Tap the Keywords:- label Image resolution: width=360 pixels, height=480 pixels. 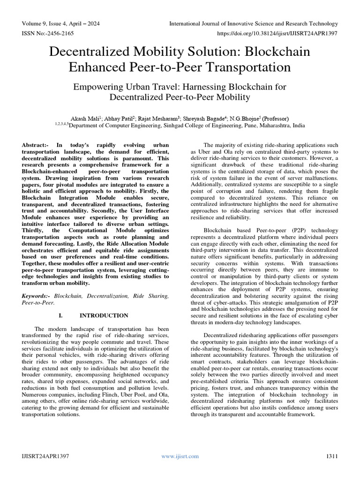pyautogui.click(x=37, y=296)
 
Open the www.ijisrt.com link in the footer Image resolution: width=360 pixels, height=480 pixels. pyautogui.click(x=180, y=456)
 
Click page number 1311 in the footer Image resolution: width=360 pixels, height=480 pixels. pyautogui.click(x=331, y=456)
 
